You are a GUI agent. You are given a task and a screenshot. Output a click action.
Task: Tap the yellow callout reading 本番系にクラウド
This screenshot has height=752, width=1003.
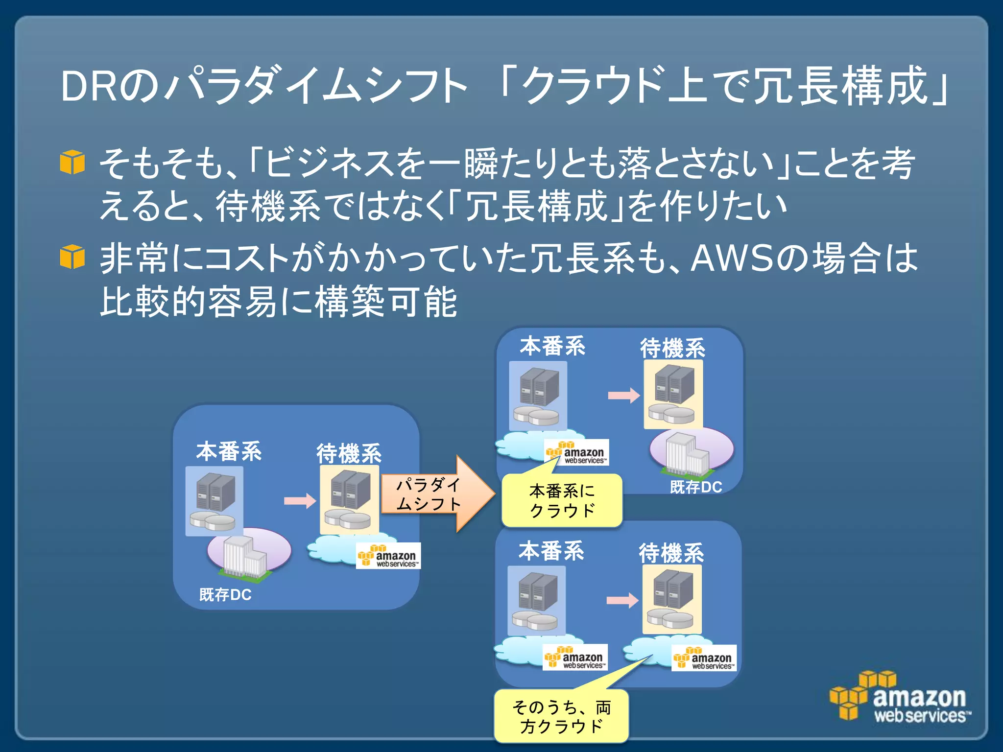(562, 501)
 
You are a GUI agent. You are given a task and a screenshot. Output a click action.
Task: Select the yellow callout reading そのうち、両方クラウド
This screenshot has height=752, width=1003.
(561, 716)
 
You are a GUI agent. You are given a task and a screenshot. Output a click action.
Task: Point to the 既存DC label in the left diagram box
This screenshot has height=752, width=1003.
(225, 595)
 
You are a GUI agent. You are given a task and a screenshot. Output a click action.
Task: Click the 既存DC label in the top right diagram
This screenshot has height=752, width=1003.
(696, 487)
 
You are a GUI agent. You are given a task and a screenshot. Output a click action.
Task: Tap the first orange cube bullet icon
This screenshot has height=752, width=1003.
(72, 162)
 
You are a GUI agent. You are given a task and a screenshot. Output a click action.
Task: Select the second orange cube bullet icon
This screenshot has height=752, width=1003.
(72, 257)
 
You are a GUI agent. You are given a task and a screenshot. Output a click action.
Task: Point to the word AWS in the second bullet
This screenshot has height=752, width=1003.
(732, 258)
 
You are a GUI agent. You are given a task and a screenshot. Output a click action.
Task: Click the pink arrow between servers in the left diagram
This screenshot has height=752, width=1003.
(300, 501)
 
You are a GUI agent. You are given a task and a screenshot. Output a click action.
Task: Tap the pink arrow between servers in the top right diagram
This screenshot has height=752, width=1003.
(623, 395)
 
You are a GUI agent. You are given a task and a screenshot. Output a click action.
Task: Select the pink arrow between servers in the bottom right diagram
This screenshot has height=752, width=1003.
(622, 600)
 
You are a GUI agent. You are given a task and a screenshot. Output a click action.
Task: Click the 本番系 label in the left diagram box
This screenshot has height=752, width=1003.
(229, 451)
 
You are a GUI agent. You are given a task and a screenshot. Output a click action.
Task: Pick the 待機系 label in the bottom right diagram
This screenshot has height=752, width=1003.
(671, 553)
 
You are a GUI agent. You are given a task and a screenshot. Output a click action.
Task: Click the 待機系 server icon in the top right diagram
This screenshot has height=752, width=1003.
(673, 394)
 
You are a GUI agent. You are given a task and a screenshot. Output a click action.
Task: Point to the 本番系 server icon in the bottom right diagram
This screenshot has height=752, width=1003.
(537, 600)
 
